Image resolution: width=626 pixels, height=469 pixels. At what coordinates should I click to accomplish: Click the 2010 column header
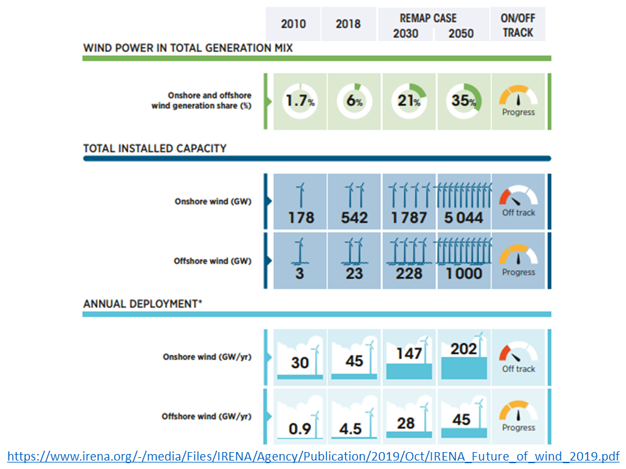pos(293,24)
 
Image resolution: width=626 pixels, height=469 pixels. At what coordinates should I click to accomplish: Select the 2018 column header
pos(348,24)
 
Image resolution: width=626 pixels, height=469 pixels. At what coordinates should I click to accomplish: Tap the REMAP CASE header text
pos(428,18)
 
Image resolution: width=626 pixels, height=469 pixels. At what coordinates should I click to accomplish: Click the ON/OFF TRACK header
pos(518,25)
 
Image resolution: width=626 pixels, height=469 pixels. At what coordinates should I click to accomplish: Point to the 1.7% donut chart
pos(300,102)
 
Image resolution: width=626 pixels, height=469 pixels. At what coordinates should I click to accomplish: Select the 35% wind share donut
pos(464,102)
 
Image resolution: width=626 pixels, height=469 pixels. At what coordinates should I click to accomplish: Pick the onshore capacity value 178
pos(300,217)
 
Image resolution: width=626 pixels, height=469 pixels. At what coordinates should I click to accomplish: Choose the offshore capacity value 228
pos(409,273)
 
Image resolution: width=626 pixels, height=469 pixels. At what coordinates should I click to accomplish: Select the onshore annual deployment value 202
pos(464,349)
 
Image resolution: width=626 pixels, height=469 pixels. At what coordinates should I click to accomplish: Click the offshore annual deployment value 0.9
pos(299,429)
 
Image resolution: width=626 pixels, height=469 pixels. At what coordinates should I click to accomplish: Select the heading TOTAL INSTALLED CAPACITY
pos(155,149)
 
